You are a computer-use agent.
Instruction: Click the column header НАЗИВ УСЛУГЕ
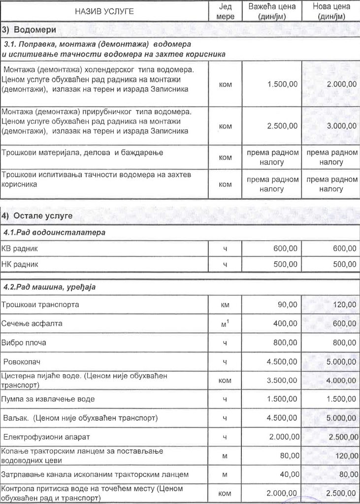point(104,11)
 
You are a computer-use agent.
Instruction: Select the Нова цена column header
point(331,11)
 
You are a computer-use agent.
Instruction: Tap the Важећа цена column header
point(272,11)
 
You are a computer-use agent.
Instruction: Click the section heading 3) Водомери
point(28,30)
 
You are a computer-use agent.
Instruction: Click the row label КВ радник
point(20,249)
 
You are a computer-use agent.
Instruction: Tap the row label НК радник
point(20,264)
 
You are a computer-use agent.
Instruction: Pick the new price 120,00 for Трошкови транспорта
point(344,305)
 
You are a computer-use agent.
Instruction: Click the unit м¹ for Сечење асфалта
point(225,323)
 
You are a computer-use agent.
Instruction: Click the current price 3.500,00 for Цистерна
point(282,380)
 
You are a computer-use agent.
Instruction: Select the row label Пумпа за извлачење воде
point(48,399)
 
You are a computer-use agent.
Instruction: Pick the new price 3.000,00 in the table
point(342,126)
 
